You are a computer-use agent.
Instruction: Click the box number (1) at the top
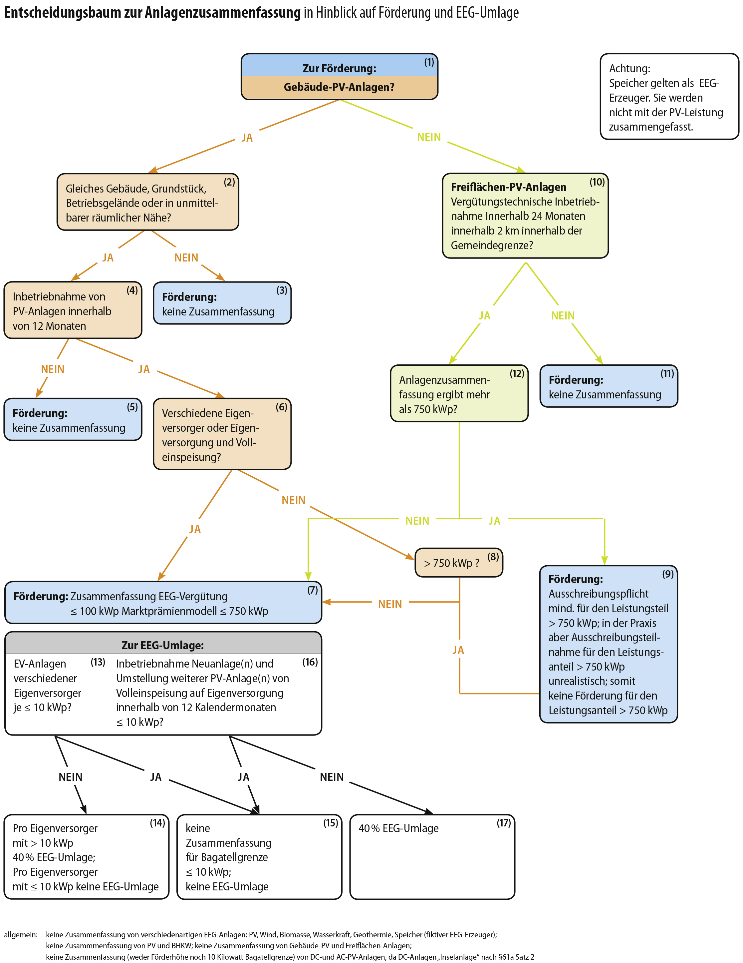point(429,62)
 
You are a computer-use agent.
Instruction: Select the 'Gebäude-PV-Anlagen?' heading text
point(339,87)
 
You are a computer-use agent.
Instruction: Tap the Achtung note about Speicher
point(669,97)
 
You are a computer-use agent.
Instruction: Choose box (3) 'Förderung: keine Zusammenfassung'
point(222,303)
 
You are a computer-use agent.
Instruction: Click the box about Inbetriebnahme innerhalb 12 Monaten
point(73,310)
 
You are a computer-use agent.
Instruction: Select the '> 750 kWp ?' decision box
point(458,562)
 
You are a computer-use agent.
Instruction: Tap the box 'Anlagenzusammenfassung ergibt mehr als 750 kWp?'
point(459,393)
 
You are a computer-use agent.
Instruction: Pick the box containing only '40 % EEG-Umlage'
point(432,857)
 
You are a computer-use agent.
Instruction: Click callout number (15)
point(331,823)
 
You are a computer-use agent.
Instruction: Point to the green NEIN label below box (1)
point(429,137)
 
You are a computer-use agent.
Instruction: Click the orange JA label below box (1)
point(247,138)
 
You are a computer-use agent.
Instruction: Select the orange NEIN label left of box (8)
point(390,604)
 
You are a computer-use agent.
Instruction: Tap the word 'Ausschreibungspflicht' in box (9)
point(598,594)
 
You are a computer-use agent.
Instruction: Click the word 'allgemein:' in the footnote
point(21,935)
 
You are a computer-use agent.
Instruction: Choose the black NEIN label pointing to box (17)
point(332,777)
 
